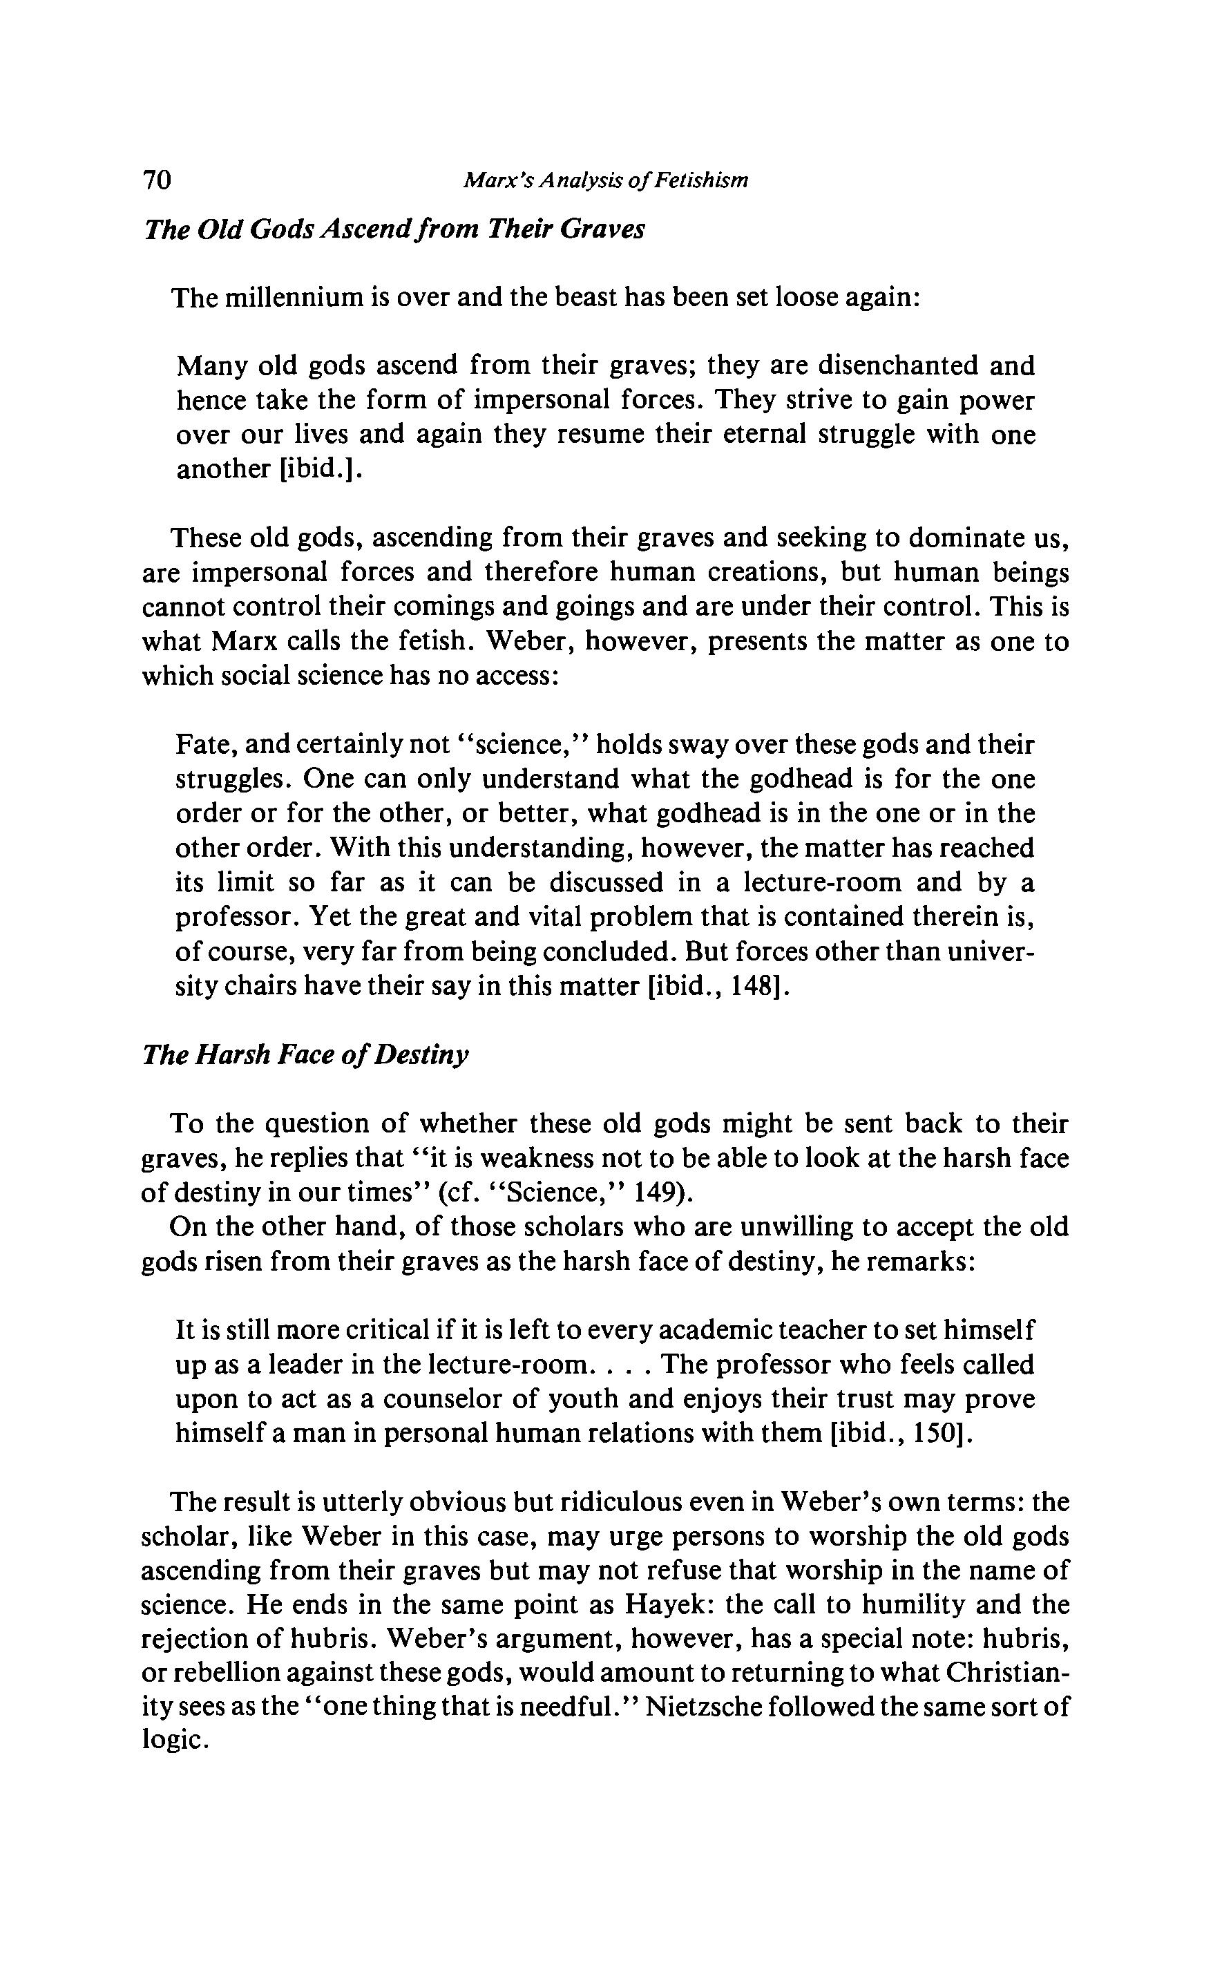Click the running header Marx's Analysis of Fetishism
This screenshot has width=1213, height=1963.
click(x=606, y=180)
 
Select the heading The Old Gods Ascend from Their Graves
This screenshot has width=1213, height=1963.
click(x=393, y=229)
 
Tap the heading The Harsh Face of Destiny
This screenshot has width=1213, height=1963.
click(x=305, y=1054)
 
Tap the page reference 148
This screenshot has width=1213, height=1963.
click(x=754, y=986)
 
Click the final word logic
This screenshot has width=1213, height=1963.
click(x=173, y=1740)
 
